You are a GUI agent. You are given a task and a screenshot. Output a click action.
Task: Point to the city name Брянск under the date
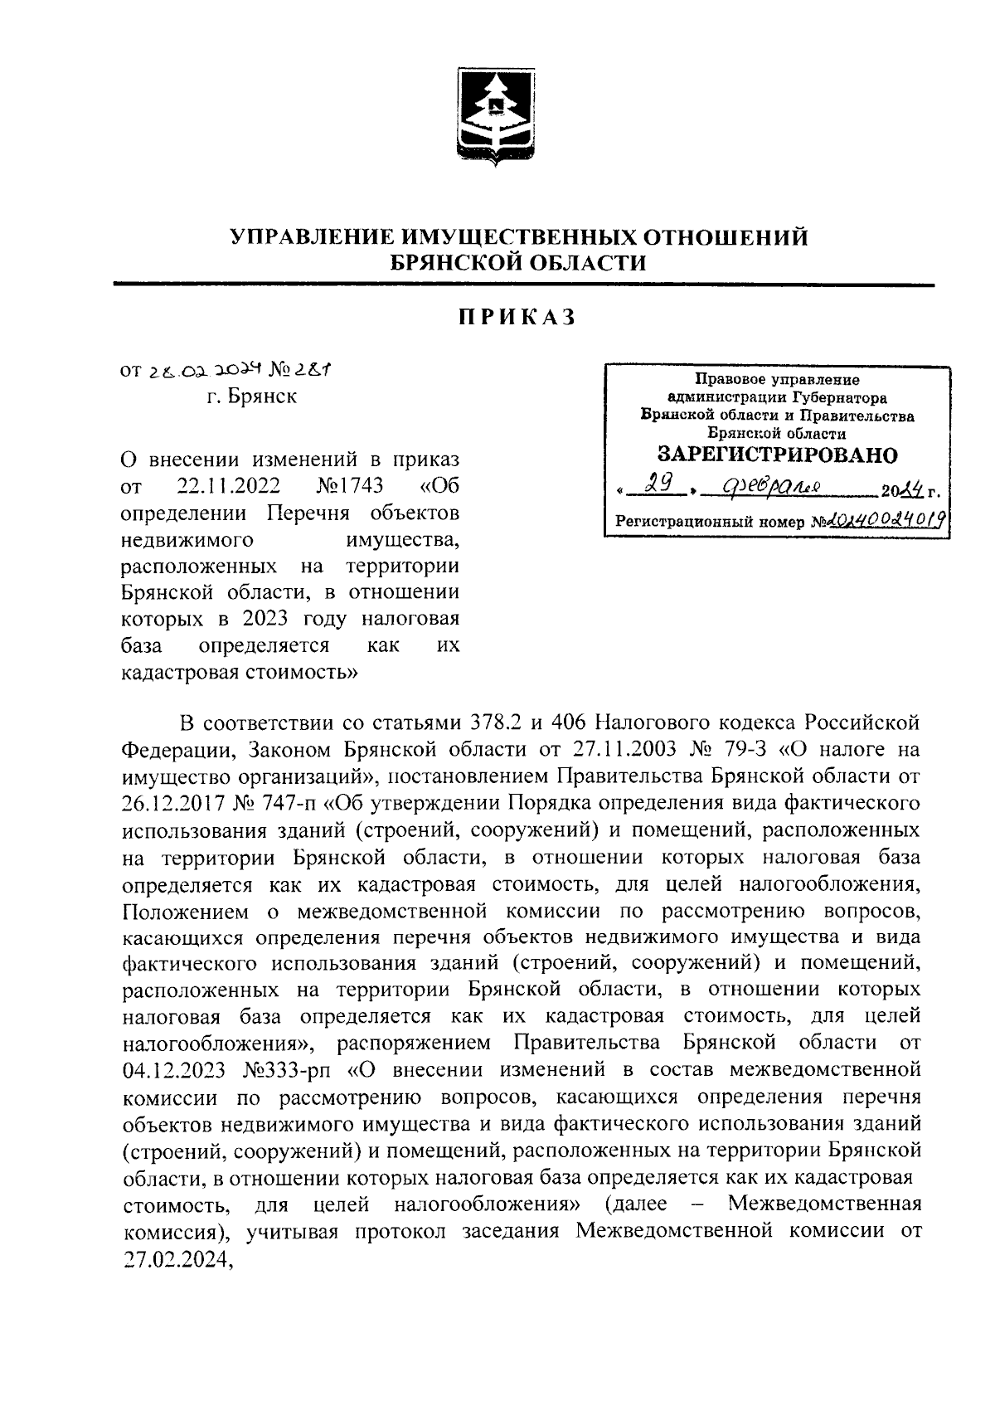pos(263,397)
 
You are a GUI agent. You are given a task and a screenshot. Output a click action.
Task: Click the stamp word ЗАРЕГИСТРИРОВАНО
pos(777,455)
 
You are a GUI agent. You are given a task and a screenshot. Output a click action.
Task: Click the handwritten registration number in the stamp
pos(887,522)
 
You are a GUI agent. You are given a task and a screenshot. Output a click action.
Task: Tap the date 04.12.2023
pos(173,1070)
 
